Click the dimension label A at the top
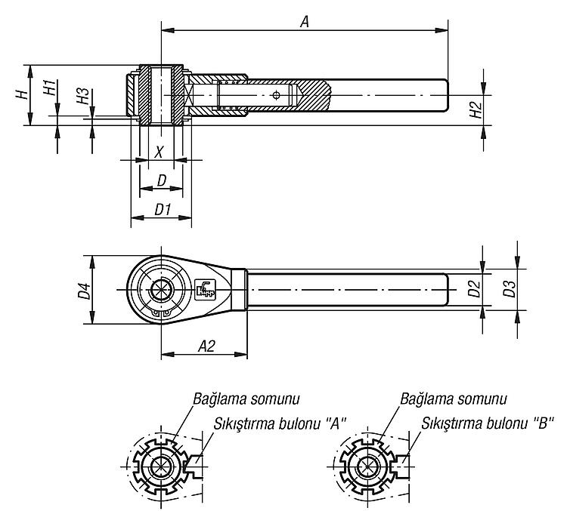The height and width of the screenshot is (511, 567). [305, 22]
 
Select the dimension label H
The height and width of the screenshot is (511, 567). [23, 94]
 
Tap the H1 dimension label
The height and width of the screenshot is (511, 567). [50, 88]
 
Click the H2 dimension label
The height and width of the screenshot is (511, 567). [476, 109]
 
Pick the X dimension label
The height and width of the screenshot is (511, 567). [159, 152]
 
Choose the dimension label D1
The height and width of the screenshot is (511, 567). [163, 209]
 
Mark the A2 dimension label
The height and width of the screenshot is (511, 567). [206, 346]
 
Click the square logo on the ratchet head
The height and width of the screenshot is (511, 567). [206, 289]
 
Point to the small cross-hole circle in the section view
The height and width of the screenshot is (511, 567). [277, 95]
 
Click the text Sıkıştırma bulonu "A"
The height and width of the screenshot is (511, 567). [280, 423]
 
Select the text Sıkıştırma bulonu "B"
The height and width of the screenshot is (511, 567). [488, 423]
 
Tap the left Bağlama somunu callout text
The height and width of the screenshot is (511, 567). [246, 399]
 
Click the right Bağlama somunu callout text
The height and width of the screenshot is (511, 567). [454, 399]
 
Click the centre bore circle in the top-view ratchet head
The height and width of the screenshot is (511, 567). [161, 289]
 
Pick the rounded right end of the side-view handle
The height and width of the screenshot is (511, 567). [445, 95]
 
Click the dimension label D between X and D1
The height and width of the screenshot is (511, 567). [161, 180]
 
